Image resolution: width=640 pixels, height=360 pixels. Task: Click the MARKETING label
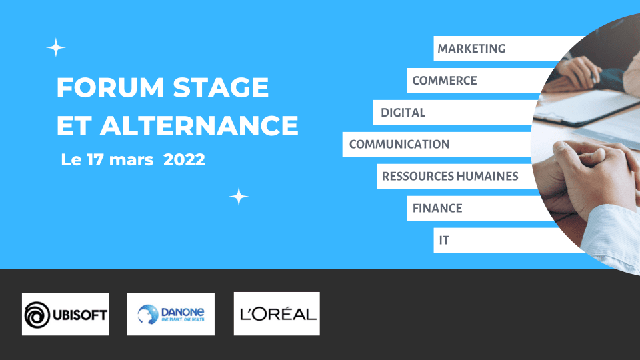click(x=471, y=49)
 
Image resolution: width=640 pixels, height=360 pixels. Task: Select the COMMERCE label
click(x=445, y=81)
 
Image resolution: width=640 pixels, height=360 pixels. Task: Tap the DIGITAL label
click(x=403, y=112)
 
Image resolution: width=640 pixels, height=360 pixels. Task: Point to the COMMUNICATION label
click(x=399, y=144)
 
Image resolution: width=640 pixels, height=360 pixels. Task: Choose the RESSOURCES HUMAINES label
click(x=450, y=176)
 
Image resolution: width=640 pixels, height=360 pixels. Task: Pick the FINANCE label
click(x=437, y=208)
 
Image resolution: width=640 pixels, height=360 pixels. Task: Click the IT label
click(x=444, y=240)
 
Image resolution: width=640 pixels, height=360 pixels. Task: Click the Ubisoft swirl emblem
click(x=37, y=315)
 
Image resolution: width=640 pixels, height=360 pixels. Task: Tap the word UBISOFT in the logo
click(x=80, y=315)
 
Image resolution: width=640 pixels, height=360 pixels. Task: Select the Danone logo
click(x=171, y=314)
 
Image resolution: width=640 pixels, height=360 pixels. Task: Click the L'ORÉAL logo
click(x=278, y=314)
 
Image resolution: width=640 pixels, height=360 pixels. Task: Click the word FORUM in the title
click(x=110, y=87)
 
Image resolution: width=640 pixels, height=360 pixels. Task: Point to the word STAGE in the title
click(x=221, y=87)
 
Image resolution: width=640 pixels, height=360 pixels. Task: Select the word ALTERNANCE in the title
click(x=199, y=125)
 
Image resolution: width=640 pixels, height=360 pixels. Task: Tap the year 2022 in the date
click(x=184, y=159)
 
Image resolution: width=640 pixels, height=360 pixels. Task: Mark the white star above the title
click(x=55, y=48)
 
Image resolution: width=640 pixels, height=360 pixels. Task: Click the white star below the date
click(x=239, y=197)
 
